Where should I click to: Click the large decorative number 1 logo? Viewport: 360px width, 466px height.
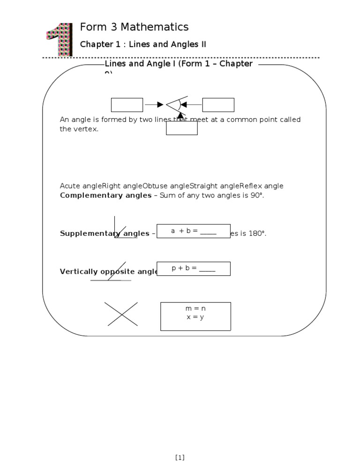[x=59, y=39]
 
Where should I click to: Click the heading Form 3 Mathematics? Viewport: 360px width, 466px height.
[x=134, y=27]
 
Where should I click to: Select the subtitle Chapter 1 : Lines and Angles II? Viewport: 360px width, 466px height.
[x=143, y=45]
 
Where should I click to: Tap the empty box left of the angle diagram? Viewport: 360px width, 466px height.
[x=127, y=105]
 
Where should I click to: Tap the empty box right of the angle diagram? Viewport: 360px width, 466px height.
[x=218, y=105]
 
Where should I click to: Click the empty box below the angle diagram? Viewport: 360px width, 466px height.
[x=181, y=128]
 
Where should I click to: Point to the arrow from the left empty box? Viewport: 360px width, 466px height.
[x=154, y=105]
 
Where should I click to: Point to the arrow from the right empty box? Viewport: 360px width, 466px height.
[x=191, y=105]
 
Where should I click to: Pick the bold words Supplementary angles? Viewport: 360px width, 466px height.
[x=104, y=233]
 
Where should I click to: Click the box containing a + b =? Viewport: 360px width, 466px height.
[x=193, y=231]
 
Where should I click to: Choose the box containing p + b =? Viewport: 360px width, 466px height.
[x=193, y=269]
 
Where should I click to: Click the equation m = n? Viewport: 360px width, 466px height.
[x=195, y=309]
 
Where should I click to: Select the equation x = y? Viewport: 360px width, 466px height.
[x=195, y=317]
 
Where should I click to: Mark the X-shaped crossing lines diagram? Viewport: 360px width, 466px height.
[x=121, y=314]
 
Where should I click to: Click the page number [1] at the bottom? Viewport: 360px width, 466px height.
[x=180, y=458]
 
